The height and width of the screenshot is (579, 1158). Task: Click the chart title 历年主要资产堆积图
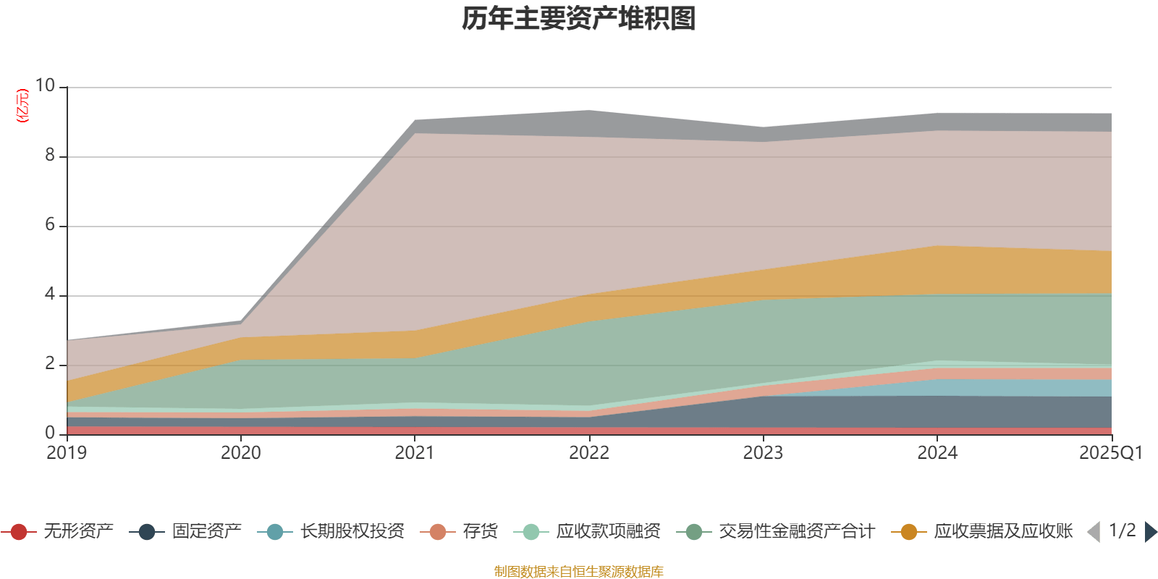click(579, 19)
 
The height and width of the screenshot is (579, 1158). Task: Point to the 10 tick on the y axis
click(45, 85)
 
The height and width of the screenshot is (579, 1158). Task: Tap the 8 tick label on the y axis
click(49, 155)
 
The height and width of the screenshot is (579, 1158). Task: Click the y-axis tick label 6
click(49, 224)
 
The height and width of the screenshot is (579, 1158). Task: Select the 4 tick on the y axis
click(49, 294)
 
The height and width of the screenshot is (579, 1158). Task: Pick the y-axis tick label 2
click(49, 363)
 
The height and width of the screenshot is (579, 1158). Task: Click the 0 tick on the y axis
click(49, 433)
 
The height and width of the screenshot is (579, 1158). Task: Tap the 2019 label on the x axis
click(67, 453)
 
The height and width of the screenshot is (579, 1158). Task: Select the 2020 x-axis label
click(240, 453)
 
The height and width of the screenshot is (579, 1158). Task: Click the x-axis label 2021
click(415, 453)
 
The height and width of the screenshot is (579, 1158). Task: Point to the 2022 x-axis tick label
click(589, 453)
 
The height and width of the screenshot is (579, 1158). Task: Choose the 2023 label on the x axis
click(763, 453)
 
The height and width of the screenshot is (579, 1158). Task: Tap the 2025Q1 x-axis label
click(1110, 453)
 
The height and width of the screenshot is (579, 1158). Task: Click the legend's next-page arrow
click(1150, 532)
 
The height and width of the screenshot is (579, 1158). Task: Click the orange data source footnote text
click(579, 572)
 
